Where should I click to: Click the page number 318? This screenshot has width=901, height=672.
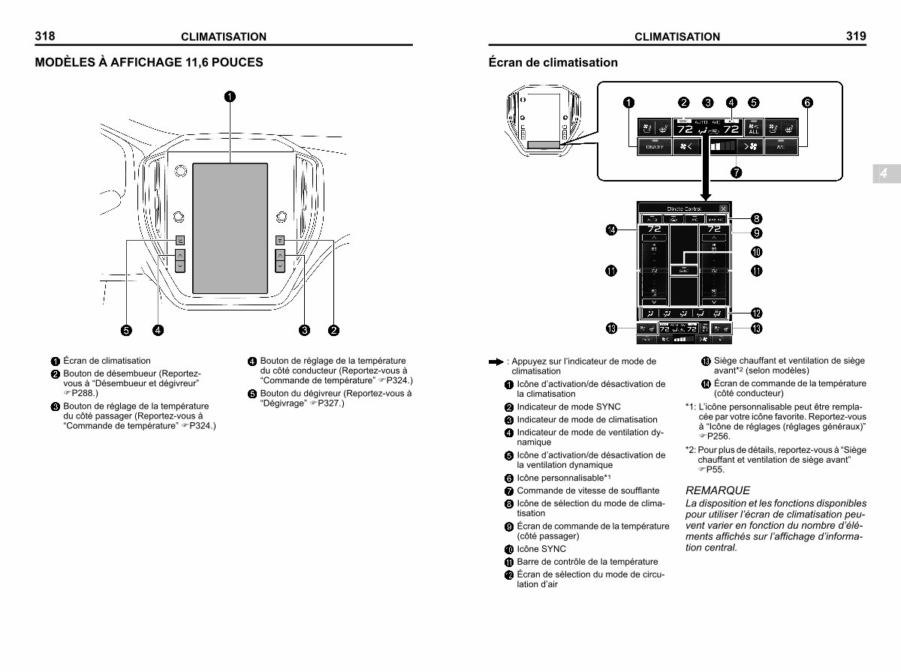pyautogui.click(x=44, y=35)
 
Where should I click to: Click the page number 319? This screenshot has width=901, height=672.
pyautogui.click(x=856, y=35)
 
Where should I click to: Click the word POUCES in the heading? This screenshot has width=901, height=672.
pyautogui.click(x=234, y=62)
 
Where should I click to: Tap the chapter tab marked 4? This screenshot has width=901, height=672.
pyautogui.click(x=884, y=173)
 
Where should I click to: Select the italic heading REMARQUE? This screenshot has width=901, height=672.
pyautogui.click(x=717, y=490)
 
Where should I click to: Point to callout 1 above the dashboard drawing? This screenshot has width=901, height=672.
pyautogui.click(x=230, y=95)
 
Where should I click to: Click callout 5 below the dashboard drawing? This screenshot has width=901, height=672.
pyautogui.click(x=126, y=329)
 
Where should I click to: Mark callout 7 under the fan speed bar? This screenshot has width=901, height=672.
pyautogui.click(x=737, y=172)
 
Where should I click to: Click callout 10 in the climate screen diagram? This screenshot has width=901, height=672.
pyautogui.click(x=757, y=251)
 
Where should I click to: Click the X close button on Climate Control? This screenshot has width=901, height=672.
pyautogui.click(x=722, y=208)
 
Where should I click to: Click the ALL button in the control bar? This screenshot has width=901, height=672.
pyautogui.click(x=753, y=128)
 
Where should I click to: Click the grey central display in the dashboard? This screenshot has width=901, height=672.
pyautogui.click(x=230, y=227)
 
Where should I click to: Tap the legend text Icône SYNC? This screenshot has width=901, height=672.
pyautogui.click(x=541, y=549)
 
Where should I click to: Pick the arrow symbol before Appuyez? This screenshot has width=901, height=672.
pyautogui.click(x=495, y=361)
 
